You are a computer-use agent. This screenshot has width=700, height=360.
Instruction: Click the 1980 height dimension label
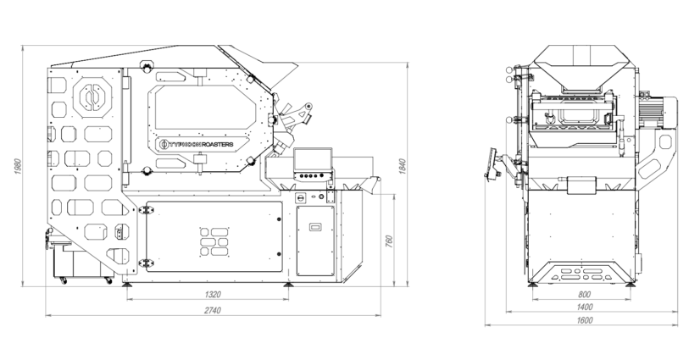coord(18,166)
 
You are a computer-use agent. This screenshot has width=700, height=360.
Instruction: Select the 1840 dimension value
coord(402,166)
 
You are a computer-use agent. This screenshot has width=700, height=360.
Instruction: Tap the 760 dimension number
coord(388,241)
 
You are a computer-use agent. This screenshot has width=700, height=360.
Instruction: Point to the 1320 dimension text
coord(213,295)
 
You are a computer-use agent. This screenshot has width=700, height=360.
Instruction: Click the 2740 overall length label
coord(213,311)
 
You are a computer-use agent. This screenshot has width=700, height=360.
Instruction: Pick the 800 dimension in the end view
coord(584,295)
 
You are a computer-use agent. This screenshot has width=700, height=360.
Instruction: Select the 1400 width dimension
coord(585,307)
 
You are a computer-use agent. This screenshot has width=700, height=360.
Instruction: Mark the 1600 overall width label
coord(585,320)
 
